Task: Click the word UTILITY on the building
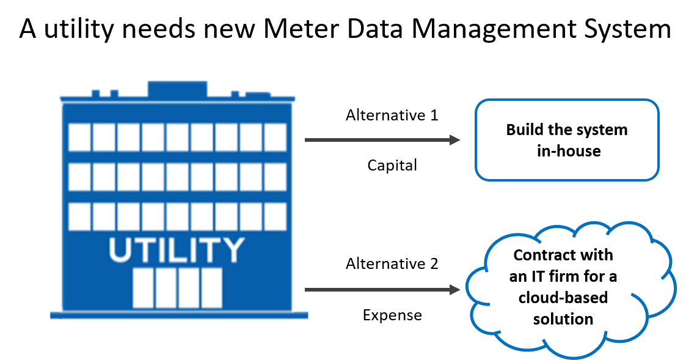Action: click(x=177, y=249)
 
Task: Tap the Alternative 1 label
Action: click(x=392, y=115)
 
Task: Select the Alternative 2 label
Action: click(x=392, y=264)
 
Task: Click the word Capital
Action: click(x=392, y=165)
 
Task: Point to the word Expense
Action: click(x=392, y=315)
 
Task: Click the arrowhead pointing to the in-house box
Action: click(x=454, y=140)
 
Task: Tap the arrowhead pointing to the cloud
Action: click(x=454, y=290)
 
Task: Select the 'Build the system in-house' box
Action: click(x=567, y=140)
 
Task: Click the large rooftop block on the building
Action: click(x=177, y=89)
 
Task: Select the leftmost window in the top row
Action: click(x=79, y=138)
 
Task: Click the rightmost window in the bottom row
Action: click(x=275, y=216)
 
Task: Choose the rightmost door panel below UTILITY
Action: click(x=211, y=288)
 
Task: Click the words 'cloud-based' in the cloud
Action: click(x=563, y=298)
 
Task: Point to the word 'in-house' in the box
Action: click(x=568, y=150)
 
